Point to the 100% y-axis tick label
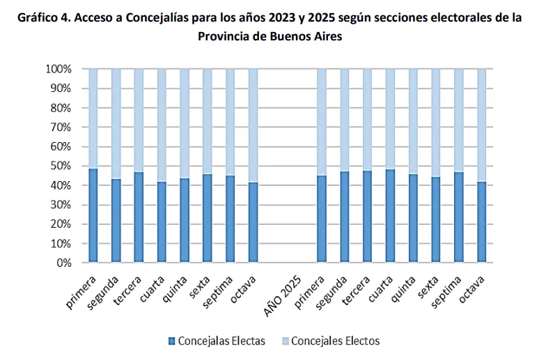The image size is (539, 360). (58, 69)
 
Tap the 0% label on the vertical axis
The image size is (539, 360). (63, 263)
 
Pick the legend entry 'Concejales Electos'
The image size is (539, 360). (335, 341)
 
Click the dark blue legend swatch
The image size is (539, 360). (171, 341)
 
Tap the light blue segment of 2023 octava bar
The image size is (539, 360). (253, 125)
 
